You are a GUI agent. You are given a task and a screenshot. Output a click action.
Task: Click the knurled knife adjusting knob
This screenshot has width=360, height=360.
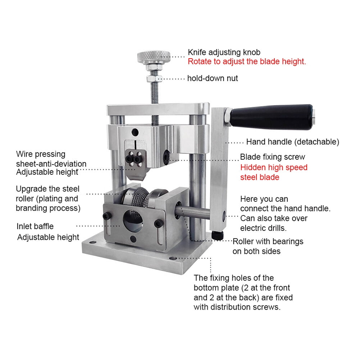coord(154,56)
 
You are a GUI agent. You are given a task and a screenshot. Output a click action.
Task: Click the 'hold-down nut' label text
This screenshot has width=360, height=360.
coord(213,78)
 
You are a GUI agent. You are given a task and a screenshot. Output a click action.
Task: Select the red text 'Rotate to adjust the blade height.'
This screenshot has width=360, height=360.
coord(247,61)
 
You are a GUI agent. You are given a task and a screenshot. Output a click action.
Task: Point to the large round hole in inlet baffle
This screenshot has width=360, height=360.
coord(132,220)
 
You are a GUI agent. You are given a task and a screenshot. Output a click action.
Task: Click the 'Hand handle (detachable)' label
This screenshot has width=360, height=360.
coord(292,142)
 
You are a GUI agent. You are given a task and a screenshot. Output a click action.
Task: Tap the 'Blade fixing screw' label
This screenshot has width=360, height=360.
coord(273,157)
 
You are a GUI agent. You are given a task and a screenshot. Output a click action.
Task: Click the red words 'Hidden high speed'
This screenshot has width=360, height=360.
coord(274,167)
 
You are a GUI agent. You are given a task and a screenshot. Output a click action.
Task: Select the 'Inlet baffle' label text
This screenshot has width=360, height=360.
coord(35,226)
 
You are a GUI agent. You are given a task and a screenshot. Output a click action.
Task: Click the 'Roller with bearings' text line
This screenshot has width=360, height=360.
coord(268,241)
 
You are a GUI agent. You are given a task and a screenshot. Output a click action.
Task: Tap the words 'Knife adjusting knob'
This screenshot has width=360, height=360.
coord(224,52)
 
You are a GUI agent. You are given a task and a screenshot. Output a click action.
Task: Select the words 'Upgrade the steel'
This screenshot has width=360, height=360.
coord(47,189)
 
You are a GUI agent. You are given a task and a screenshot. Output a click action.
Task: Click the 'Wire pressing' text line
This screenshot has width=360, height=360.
coord(41,154)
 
